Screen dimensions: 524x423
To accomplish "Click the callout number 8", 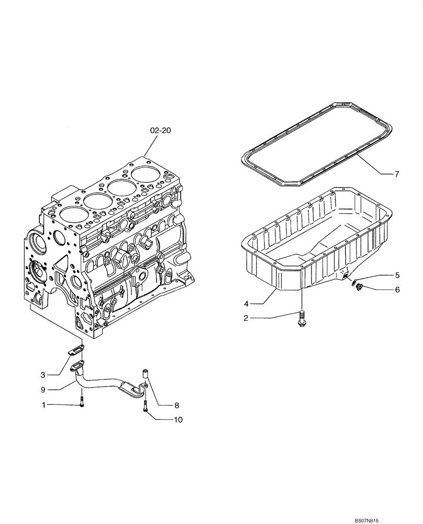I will coord(176,405).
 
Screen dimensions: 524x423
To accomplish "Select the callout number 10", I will coord(179,419).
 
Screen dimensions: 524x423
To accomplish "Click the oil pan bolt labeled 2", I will coord(302,319).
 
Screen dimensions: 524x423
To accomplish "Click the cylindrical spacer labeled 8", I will coord(146,374).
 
